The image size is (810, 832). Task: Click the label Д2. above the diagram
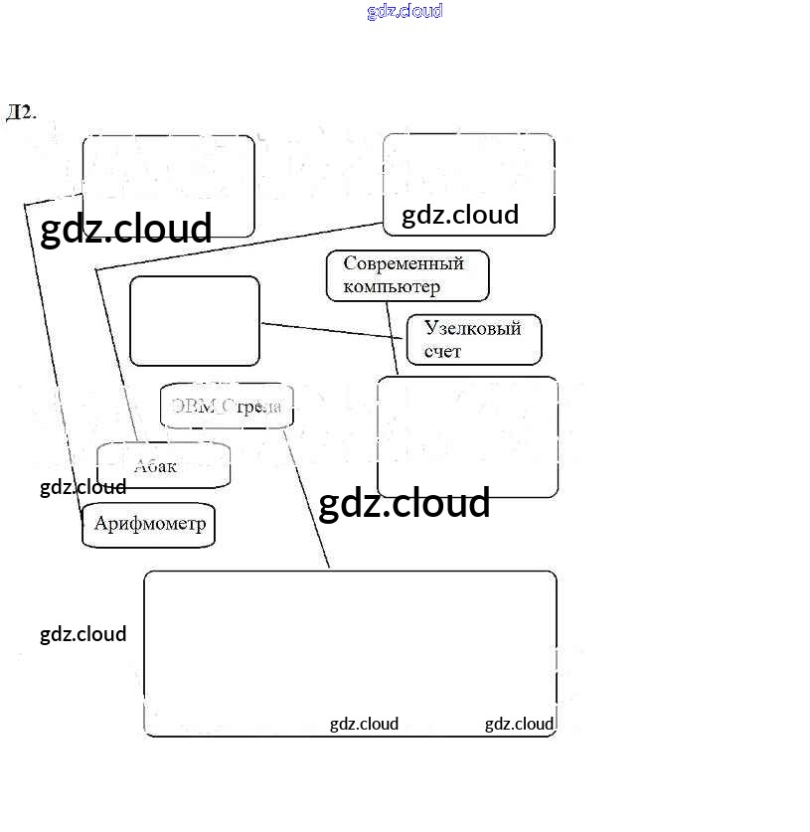click(x=21, y=111)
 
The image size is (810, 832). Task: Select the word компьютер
click(x=392, y=287)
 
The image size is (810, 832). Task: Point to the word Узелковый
click(x=472, y=329)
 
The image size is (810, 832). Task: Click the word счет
click(x=442, y=352)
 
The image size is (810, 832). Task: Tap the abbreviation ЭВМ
click(x=194, y=406)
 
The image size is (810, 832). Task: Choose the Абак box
click(x=163, y=465)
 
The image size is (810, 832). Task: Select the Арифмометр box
click(x=148, y=525)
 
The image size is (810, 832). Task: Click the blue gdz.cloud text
click(x=405, y=12)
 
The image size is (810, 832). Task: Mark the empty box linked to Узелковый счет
click(x=195, y=321)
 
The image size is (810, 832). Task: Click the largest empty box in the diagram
click(x=350, y=653)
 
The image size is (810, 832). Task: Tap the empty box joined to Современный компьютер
click(x=467, y=436)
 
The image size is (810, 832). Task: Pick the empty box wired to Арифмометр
click(x=168, y=185)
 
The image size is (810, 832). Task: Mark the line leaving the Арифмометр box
click(x=50, y=348)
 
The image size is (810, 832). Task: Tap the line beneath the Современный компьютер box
click(x=392, y=338)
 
